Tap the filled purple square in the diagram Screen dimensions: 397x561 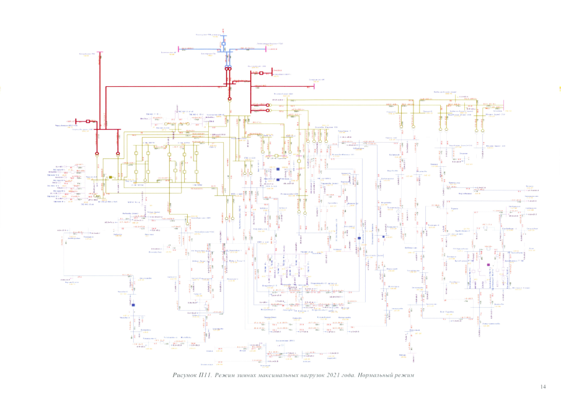tap(488, 264)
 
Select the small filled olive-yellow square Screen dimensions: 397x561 tap(110, 177)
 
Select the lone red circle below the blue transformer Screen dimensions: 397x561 tap(229, 98)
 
